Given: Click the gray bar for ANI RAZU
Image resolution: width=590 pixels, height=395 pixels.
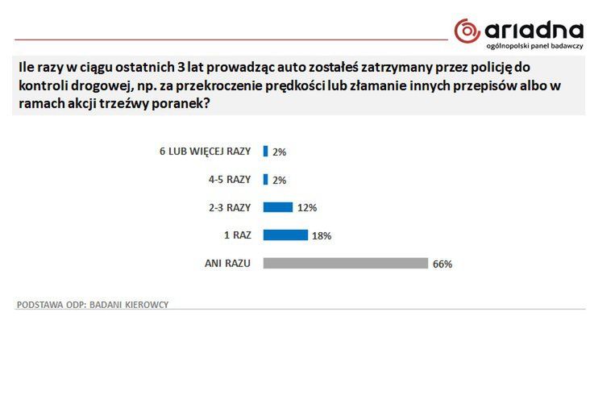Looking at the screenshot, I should click(x=345, y=263).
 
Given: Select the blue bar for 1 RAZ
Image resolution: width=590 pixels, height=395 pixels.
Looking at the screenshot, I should click(x=285, y=235).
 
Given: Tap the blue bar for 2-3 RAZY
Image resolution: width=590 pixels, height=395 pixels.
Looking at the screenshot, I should click(x=278, y=207).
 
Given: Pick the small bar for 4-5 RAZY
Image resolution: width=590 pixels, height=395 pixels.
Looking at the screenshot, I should click(x=265, y=179).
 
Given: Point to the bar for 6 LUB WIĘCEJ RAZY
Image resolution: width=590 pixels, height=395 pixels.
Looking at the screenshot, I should click(x=265, y=151).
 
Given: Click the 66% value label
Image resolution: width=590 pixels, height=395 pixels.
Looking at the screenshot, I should click(x=442, y=264).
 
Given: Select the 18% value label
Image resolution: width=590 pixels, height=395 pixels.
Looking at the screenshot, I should click(x=322, y=235).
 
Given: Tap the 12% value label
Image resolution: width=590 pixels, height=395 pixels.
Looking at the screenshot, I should click(x=307, y=207).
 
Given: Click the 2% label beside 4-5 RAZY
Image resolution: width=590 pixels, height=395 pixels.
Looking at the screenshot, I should click(x=280, y=179).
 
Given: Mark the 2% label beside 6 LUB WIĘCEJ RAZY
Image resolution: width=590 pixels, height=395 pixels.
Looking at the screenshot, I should click(x=280, y=151).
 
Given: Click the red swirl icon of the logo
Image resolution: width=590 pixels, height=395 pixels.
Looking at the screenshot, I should click(x=467, y=31).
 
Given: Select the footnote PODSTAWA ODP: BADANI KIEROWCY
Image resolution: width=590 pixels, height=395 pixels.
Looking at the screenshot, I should click(x=93, y=305).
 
